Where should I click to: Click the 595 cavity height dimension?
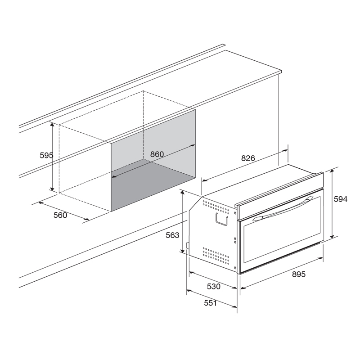(x=47, y=155)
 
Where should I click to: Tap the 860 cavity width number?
(x=157, y=154)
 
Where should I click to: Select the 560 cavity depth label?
(x=60, y=215)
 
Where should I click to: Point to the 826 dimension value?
(x=248, y=158)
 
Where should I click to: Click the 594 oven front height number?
(x=341, y=199)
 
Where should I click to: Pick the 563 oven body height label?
(x=172, y=235)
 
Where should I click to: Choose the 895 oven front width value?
(x=299, y=274)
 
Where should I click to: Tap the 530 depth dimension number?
(x=213, y=286)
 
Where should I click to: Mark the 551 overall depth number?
(x=210, y=303)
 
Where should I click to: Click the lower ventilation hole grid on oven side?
(x=216, y=255)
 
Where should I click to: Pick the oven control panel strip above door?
(x=280, y=195)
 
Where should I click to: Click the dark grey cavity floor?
(x=153, y=185)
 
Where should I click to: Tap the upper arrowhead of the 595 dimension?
(x=52, y=125)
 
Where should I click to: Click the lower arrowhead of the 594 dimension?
(x=332, y=236)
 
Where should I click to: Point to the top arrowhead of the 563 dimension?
(x=183, y=193)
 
